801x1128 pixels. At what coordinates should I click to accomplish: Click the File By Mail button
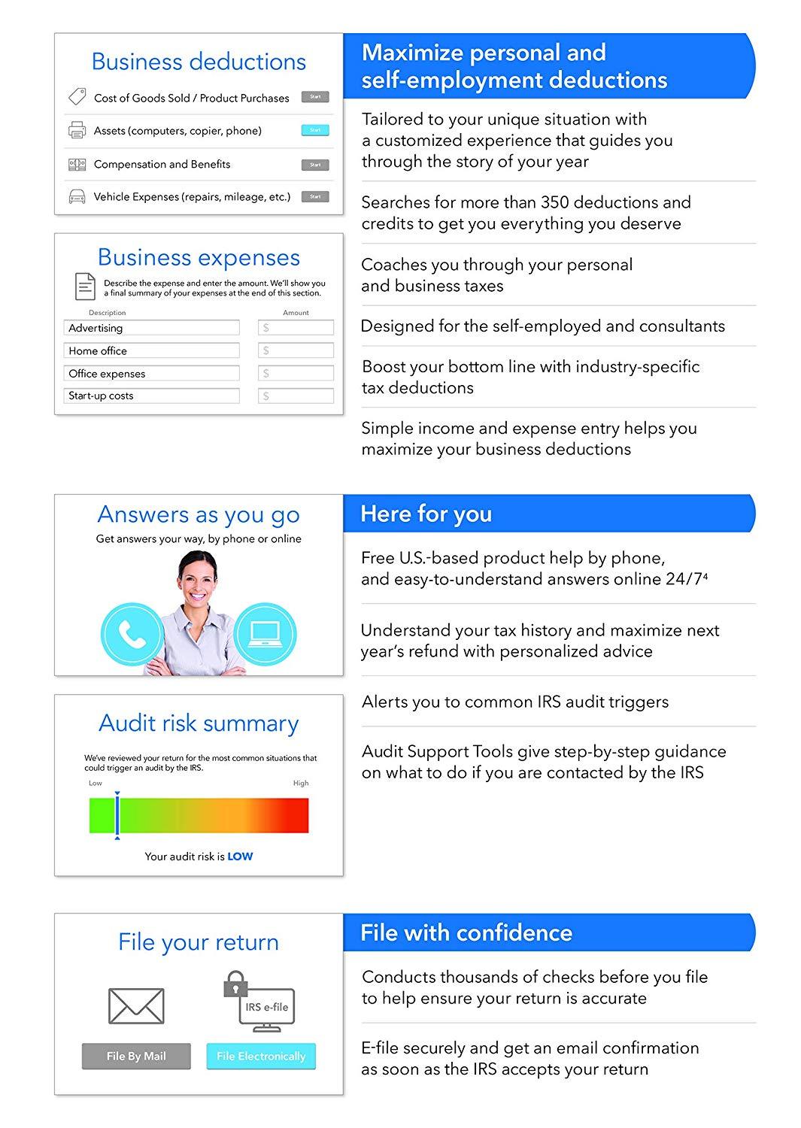(136, 1056)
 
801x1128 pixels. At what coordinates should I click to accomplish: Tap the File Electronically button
(261, 1056)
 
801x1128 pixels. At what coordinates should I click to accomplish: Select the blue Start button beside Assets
(315, 130)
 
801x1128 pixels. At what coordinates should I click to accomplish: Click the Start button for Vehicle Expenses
(315, 196)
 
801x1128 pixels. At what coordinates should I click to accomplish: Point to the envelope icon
(136, 1005)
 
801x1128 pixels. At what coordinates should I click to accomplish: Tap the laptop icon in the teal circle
(265, 634)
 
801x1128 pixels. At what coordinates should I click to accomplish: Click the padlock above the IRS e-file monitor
(235, 984)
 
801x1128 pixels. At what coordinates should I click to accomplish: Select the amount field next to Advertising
(296, 328)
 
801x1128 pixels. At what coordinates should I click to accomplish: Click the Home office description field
(152, 350)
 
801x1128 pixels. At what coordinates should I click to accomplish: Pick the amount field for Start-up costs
(296, 396)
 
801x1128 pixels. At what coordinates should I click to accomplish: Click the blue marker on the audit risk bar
(117, 815)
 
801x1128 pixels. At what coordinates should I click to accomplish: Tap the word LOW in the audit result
(240, 857)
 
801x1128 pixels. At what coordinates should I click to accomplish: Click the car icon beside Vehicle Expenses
(77, 197)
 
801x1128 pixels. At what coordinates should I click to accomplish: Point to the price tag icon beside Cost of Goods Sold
(77, 97)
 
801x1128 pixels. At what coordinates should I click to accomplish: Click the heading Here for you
(426, 514)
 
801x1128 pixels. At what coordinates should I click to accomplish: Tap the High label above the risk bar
(301, 783)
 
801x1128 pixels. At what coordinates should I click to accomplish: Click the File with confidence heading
(466, 932)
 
